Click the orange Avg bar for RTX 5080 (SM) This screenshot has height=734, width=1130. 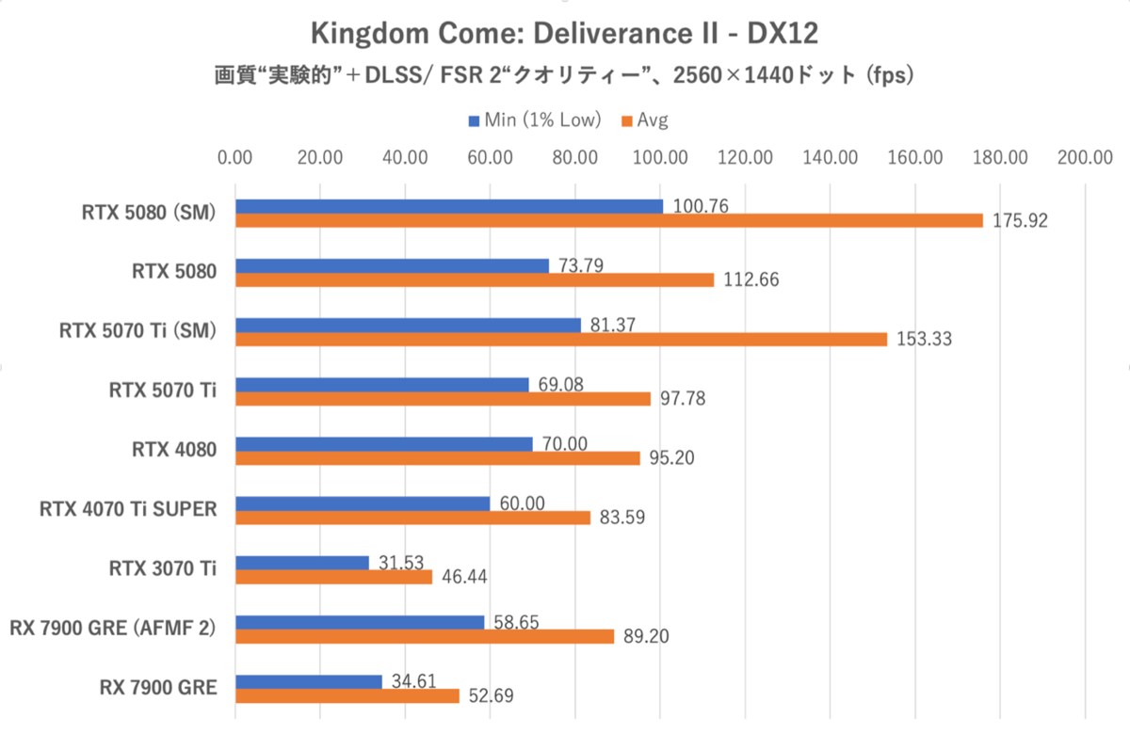(x=608, y=220)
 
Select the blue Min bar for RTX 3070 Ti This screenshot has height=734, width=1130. (x=301, y=563)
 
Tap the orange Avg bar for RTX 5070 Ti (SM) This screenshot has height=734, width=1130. (x=560, y=339)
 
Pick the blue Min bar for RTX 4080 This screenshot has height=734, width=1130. (x=383, y=444)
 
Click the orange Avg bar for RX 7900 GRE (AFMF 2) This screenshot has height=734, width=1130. (x=424, y=636)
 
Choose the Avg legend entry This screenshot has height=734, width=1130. (x=643, y=120)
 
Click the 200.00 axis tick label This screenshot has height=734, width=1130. (x=1086, y=157)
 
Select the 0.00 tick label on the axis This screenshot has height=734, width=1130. (x=234, y=157)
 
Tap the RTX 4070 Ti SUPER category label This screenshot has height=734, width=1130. (x=128, y=510)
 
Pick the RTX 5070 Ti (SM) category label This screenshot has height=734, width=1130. (x=137, y=331)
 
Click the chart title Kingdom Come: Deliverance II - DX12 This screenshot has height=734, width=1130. (x=564, y=34)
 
